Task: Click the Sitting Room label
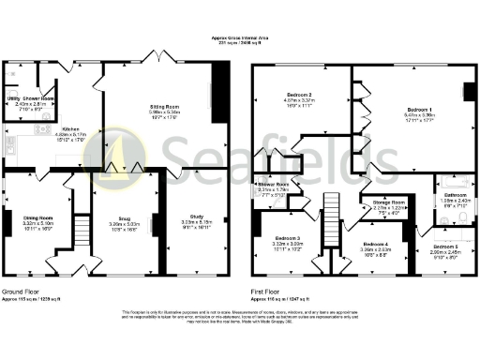pos(165,107)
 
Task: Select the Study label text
pos(197,217)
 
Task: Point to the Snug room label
pos(123,220)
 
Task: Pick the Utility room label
pos(14,97)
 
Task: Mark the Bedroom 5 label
pos(446,245)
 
